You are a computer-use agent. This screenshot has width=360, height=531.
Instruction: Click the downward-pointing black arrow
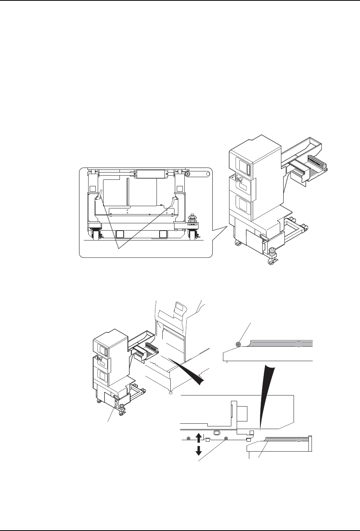(x=199, y=450)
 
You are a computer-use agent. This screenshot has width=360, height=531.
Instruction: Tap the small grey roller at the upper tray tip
(x=238, y=344)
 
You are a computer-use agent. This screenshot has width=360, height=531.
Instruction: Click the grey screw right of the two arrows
(x=226, y=439)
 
